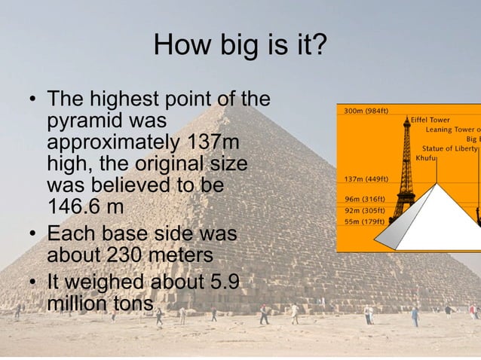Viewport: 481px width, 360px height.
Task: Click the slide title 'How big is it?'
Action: click(x=240, y=47)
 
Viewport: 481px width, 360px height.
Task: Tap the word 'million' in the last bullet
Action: click(x=77, y=304)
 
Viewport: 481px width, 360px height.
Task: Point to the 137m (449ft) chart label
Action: click(x=366, y=179)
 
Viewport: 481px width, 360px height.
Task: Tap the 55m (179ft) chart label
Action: click(x=364, y=221)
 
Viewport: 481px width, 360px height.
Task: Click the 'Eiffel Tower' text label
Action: click(x=430, y=120)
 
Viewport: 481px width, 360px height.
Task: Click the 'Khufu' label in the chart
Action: click(x=427, y=158)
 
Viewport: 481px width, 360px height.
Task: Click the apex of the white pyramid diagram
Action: click(x=437, y=183)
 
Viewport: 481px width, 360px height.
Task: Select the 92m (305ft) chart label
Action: click(x=364, y=210)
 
